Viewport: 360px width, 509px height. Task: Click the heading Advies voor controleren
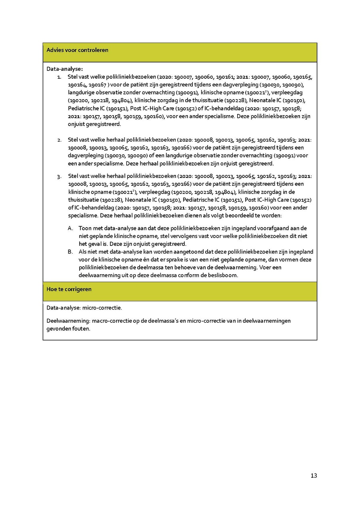[77, 50]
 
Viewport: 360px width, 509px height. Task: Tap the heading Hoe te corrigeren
[69, 289]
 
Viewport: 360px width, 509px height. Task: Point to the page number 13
[314, 476]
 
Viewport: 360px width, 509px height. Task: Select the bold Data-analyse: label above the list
[64, 69]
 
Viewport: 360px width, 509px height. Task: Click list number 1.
[59, 77]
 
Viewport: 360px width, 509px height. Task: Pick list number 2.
[59, 140]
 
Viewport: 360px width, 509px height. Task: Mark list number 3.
[59, 176]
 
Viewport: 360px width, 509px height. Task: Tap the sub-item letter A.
[70, 228]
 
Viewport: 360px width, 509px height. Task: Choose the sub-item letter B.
[70, 252]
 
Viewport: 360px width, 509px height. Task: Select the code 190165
[303, 77]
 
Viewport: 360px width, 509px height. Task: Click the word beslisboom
[224, 275]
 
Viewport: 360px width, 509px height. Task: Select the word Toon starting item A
[85, 228]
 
